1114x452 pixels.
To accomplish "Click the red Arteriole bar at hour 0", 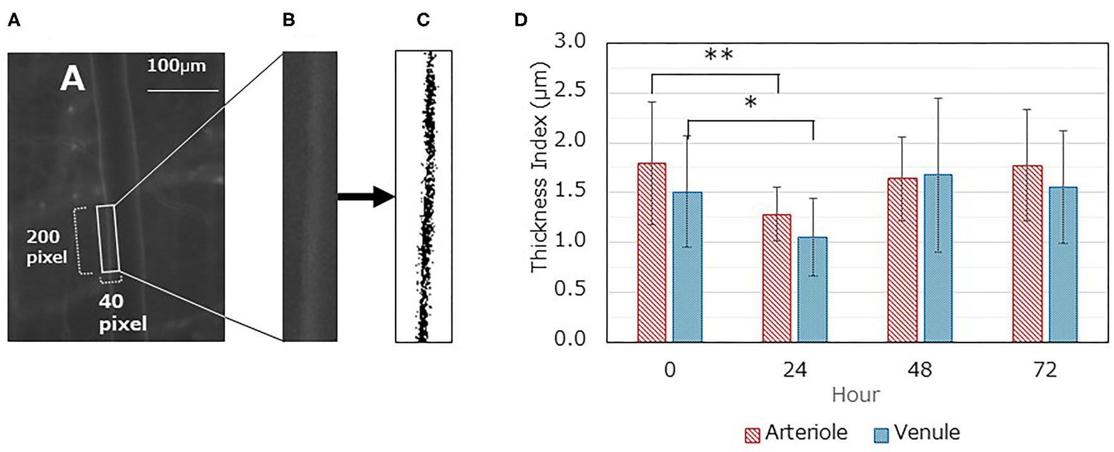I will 652,252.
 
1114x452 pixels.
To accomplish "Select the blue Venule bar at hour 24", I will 813,290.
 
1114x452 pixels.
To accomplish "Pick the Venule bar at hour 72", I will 1062,264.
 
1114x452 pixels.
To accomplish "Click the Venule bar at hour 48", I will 938,258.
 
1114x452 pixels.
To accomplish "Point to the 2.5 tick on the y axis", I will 570,91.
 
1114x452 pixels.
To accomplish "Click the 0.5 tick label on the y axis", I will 570,290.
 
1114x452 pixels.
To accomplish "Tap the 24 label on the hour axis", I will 795,370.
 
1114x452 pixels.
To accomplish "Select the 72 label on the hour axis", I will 1045,370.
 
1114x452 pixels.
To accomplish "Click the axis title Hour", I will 856,395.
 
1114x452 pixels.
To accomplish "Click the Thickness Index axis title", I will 539,167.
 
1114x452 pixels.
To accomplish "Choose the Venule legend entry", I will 918,433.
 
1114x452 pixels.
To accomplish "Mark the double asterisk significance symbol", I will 719,55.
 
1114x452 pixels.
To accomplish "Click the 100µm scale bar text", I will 177,65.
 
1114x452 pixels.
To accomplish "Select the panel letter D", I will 521,20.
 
